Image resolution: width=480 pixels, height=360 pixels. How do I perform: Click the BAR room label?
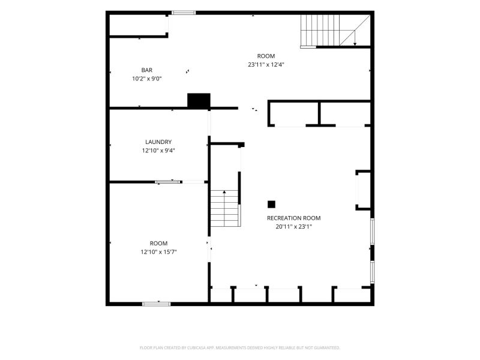[147, 70]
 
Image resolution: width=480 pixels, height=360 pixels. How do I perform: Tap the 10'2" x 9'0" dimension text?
[147, 79]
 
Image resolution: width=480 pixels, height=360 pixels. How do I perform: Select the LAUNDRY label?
[158, 142]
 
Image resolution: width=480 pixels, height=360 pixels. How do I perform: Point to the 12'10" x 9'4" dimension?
[158, 151]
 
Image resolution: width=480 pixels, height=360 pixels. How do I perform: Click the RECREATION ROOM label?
[294, 218]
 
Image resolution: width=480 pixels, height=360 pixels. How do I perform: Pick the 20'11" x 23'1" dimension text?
[294, 227]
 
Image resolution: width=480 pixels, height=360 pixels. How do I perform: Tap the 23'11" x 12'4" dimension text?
[266, 65]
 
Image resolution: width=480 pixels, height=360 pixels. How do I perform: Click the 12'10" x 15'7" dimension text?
[158, 252]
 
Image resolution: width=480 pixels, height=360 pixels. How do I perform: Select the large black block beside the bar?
[199, 100]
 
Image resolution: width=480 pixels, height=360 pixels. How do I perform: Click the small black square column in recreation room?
[271, 204]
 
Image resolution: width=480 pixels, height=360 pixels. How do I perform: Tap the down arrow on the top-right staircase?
[355, 38]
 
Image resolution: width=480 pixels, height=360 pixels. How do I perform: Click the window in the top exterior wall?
[184, 13]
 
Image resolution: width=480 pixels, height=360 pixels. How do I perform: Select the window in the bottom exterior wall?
[157, 304]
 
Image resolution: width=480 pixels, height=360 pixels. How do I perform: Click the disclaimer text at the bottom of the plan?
[239, 348]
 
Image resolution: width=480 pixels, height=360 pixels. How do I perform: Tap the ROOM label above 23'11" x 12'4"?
[266, 56]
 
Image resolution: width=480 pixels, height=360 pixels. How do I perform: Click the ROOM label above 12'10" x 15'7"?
[158, 244]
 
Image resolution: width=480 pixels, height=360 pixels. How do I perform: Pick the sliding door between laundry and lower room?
[168, 182]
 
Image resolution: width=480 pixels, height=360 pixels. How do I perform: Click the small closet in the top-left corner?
[138, 25]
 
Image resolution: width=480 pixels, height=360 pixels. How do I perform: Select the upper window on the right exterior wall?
[372, 232]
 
